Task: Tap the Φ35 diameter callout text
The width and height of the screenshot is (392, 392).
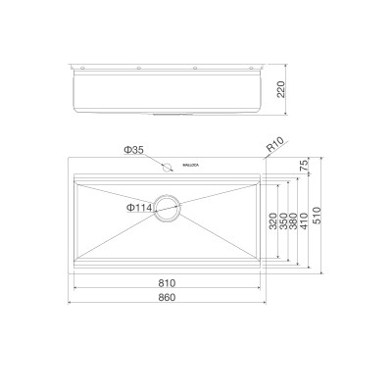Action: pos(134,150)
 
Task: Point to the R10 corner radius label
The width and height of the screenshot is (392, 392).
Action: pos(275,146)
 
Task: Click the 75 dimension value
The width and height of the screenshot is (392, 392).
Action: pos(305,168)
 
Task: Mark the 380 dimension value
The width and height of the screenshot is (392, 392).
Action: pos(294,225)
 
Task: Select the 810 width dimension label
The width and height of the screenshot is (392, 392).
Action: pos(168,283)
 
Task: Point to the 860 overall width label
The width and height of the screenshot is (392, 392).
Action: pos(168,297)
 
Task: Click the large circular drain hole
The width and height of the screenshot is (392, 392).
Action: pos(168,208)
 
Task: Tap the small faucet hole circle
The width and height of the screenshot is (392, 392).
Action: pos(168,167)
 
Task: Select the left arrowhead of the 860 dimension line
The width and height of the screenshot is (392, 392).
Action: pos(71,302)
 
